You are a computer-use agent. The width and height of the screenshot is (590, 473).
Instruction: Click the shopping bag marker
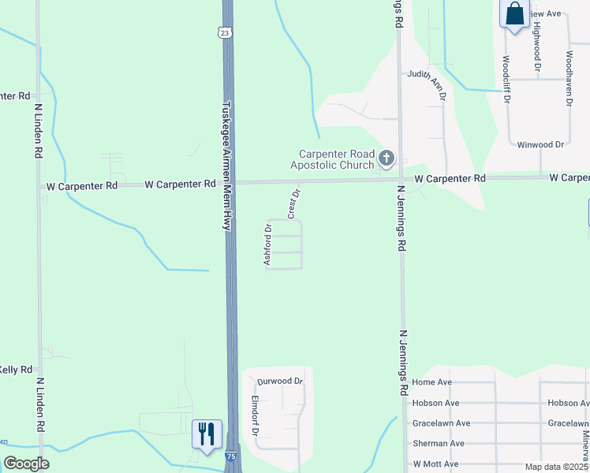point(515,14)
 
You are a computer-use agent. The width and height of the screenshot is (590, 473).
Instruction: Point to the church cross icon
point(386,159)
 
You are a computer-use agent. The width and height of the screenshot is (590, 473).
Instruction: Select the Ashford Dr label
point(268,244)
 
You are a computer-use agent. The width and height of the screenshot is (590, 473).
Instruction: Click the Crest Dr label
point(293,203)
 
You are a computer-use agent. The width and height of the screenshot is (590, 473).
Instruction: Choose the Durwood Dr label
point(280,382)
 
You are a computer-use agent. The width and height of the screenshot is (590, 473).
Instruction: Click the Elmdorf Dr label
point(255,415)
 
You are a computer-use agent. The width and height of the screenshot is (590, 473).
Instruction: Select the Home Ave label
point(431,382)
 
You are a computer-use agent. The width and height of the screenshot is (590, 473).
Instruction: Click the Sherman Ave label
point(438,444)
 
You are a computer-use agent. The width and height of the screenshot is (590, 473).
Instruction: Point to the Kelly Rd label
point(16,370)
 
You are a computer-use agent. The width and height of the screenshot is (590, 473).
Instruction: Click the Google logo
point(26,464)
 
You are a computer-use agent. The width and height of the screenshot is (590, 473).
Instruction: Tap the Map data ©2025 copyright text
point(557,467)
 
